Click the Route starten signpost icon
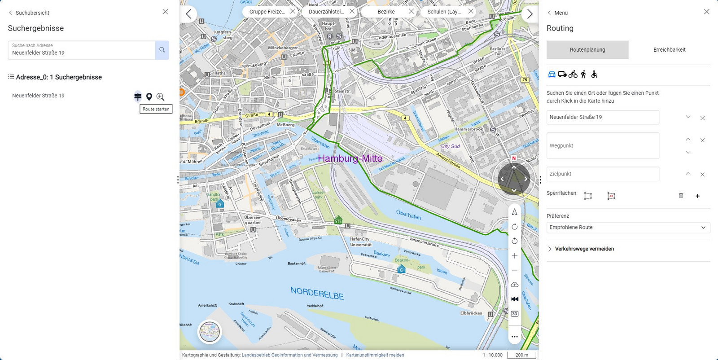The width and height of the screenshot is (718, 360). [138, 97]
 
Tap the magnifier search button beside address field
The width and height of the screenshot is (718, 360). [162, 50]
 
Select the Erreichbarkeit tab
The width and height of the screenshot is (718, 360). [669, 50]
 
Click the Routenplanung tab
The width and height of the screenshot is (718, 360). [587, 50]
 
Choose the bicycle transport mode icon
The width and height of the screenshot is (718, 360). [573, 75]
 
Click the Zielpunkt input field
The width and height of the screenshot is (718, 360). [603, 174]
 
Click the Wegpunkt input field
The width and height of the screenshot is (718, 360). [603, 146]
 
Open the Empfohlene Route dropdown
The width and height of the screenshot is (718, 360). [628, 228]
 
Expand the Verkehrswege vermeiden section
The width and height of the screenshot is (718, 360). [584, 249]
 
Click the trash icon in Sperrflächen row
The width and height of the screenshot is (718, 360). [681, 196]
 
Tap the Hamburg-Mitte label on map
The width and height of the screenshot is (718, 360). [350, 158]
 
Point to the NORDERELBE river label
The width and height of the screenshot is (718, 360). [317, 294]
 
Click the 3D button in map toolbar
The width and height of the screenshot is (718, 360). [515, 314]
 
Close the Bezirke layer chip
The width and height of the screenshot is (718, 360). [411, 11]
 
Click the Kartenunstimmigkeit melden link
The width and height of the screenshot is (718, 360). [375, 355]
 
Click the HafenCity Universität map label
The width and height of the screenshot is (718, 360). [360, 242]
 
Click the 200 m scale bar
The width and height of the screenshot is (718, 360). [521, 355]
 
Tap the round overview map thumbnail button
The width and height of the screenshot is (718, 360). [210, 332]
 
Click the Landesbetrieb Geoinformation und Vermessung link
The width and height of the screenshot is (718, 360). [289, 355]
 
